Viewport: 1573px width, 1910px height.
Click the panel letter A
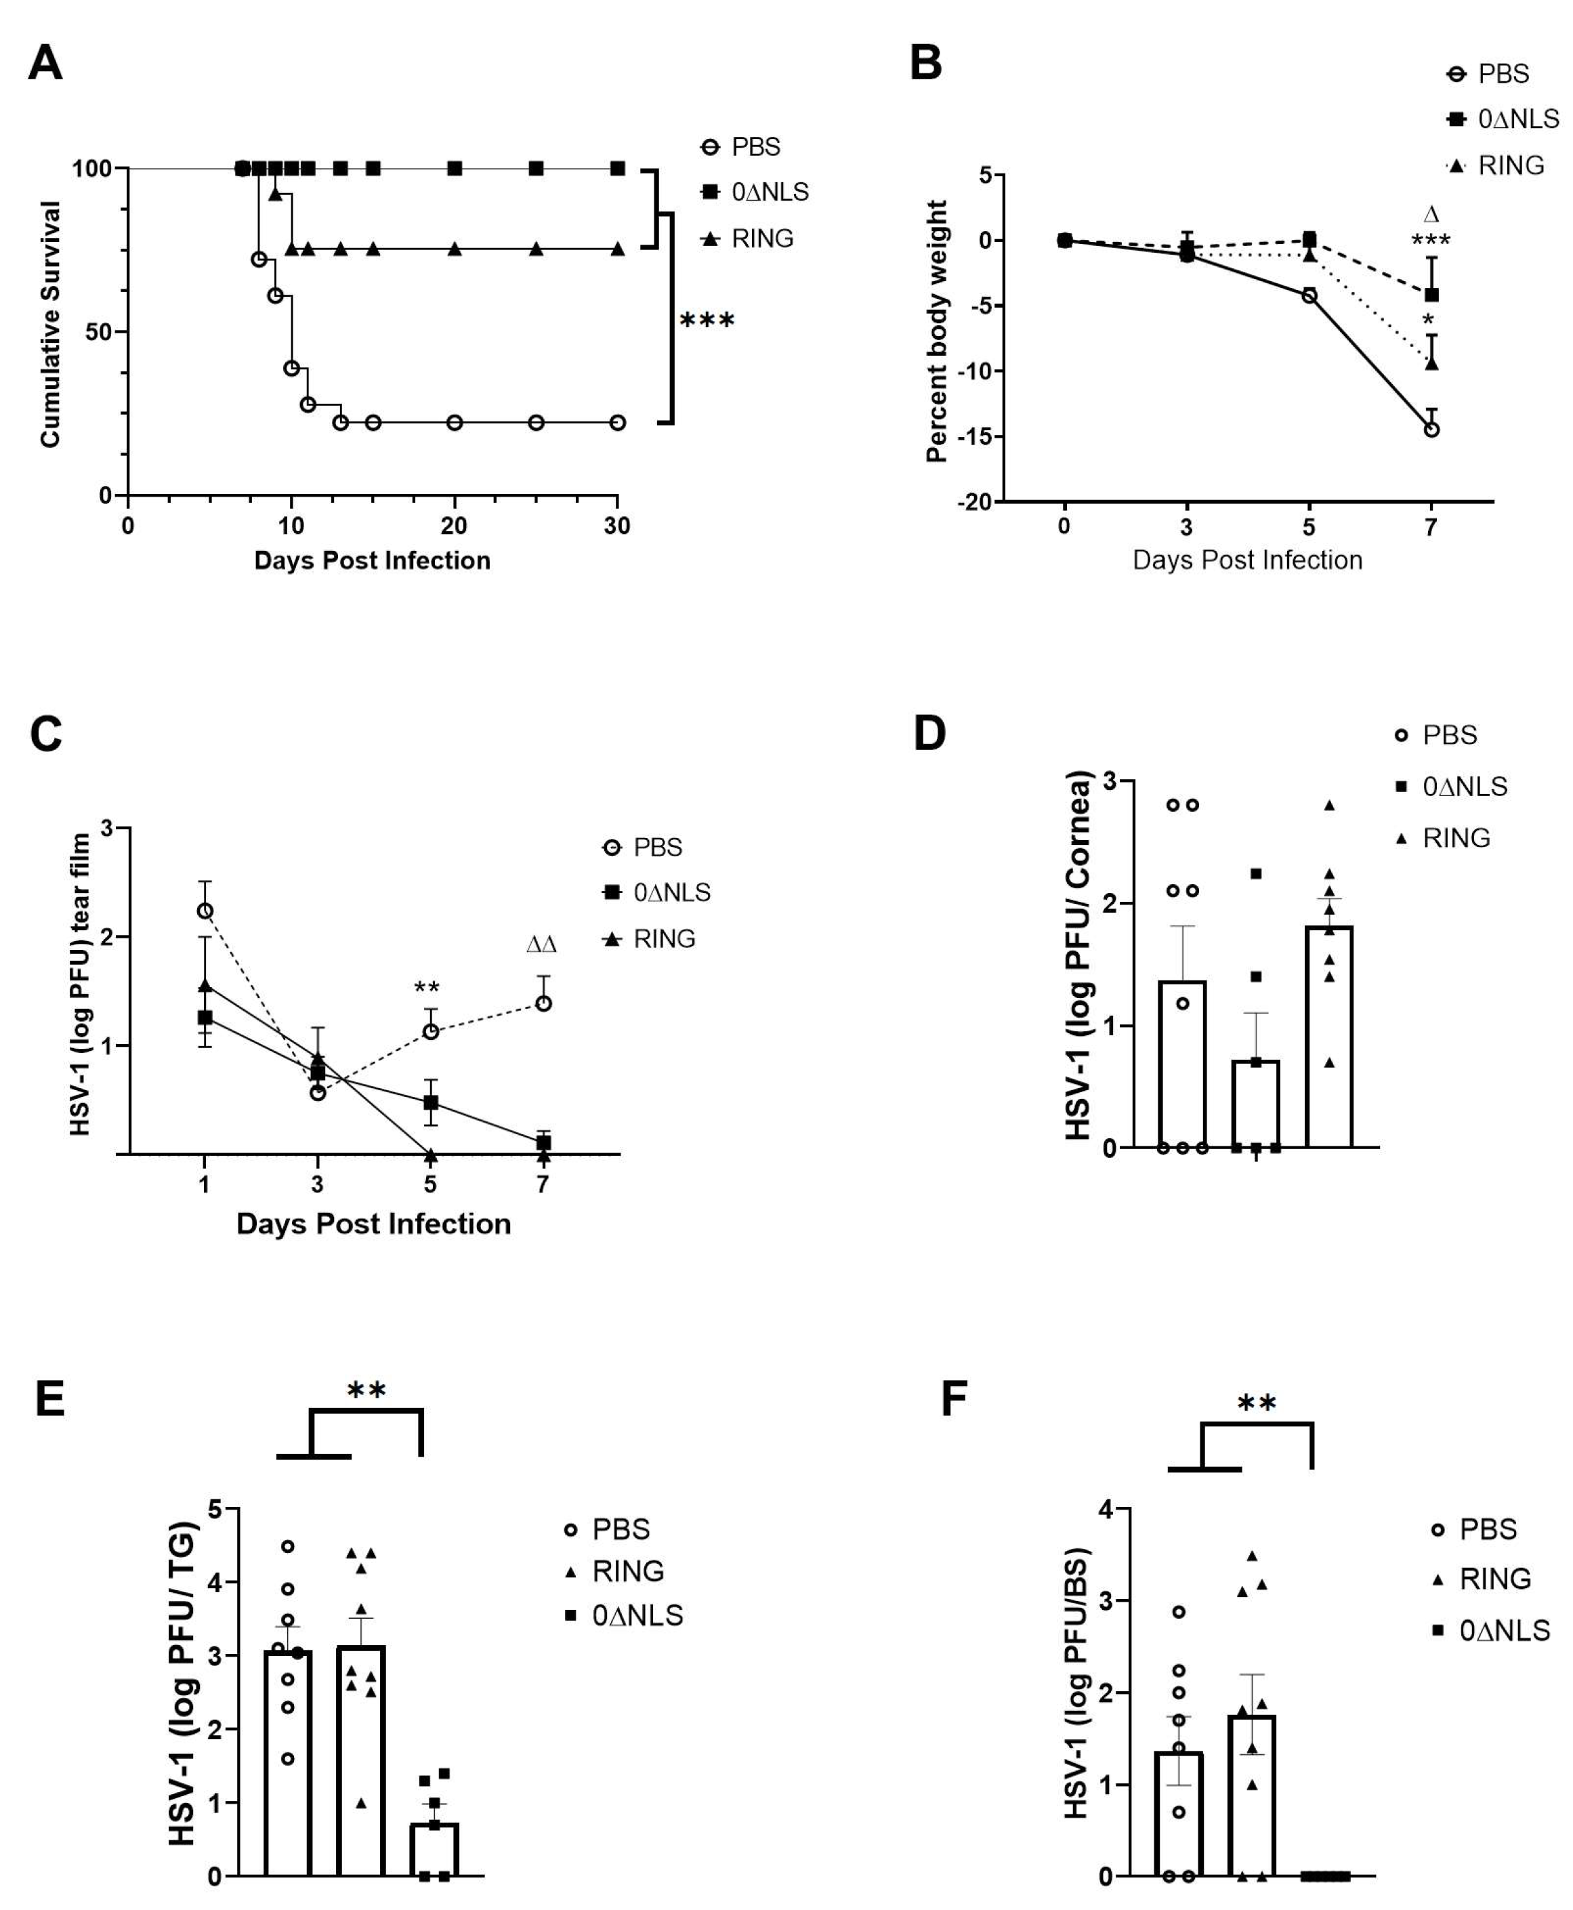tap(45, 64)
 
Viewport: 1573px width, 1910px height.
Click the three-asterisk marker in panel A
tap(707, 320)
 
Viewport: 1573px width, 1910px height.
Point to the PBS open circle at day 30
tap(617, 422)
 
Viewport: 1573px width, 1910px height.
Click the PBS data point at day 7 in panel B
tap(1431, 430)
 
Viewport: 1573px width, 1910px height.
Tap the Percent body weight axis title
tap(936, 331)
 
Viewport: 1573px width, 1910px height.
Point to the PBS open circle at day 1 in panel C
tap(205, 911)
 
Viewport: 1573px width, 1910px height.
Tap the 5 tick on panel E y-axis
tap(215, 1510)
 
